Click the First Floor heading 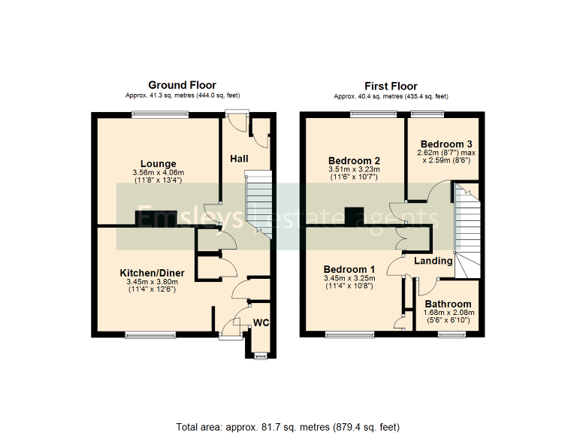[391, 86]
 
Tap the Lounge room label [158, 163]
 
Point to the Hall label [239, 159]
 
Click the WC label [261, 323]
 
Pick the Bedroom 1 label [349, 269]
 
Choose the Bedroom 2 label [354, 160]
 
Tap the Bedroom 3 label [446, 144]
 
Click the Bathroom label [448, 304]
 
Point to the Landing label [434, 261]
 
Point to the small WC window [260, 355]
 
